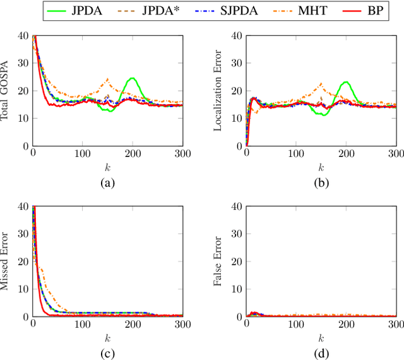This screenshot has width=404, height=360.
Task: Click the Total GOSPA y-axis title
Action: tap(8, 90)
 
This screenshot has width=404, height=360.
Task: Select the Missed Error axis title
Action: tap(8, 262)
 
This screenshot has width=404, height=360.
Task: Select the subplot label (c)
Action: tap(107, 354)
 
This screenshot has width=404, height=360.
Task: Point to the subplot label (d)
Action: tap(321, 354)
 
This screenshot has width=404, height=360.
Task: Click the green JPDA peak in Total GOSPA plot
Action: tap(132, 78)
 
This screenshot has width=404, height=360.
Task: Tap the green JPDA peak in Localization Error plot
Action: tap(345, 82)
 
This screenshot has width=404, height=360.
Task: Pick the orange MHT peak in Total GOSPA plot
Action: tap(107, 79)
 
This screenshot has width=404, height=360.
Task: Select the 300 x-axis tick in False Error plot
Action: tap(395, 324)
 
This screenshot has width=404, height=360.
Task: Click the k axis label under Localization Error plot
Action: tap(321, 167)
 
